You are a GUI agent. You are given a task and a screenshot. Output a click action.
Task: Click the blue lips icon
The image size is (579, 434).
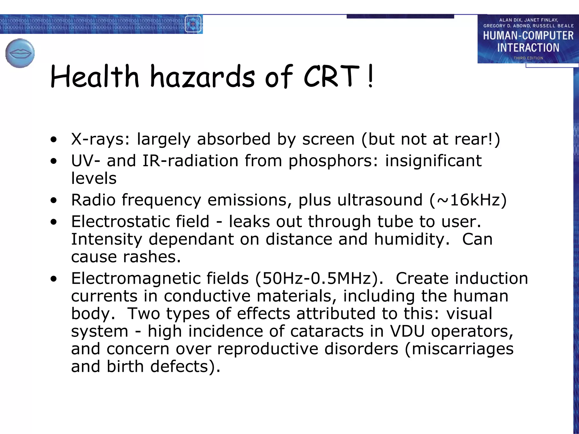coord(20,53)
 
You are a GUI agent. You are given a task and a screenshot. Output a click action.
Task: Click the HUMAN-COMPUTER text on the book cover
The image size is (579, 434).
coord(528,36)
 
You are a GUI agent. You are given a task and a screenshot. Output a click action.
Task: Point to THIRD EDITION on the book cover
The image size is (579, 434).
coord(528,58)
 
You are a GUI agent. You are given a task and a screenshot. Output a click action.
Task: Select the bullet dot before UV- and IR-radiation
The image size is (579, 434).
coord(54,161)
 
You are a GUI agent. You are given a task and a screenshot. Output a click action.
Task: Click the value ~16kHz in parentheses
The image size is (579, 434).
coord(468,200)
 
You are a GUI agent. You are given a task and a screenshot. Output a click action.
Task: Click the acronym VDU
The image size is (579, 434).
coord(407,331)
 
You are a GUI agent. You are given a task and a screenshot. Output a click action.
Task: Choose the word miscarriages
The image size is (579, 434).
coord(463,349)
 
